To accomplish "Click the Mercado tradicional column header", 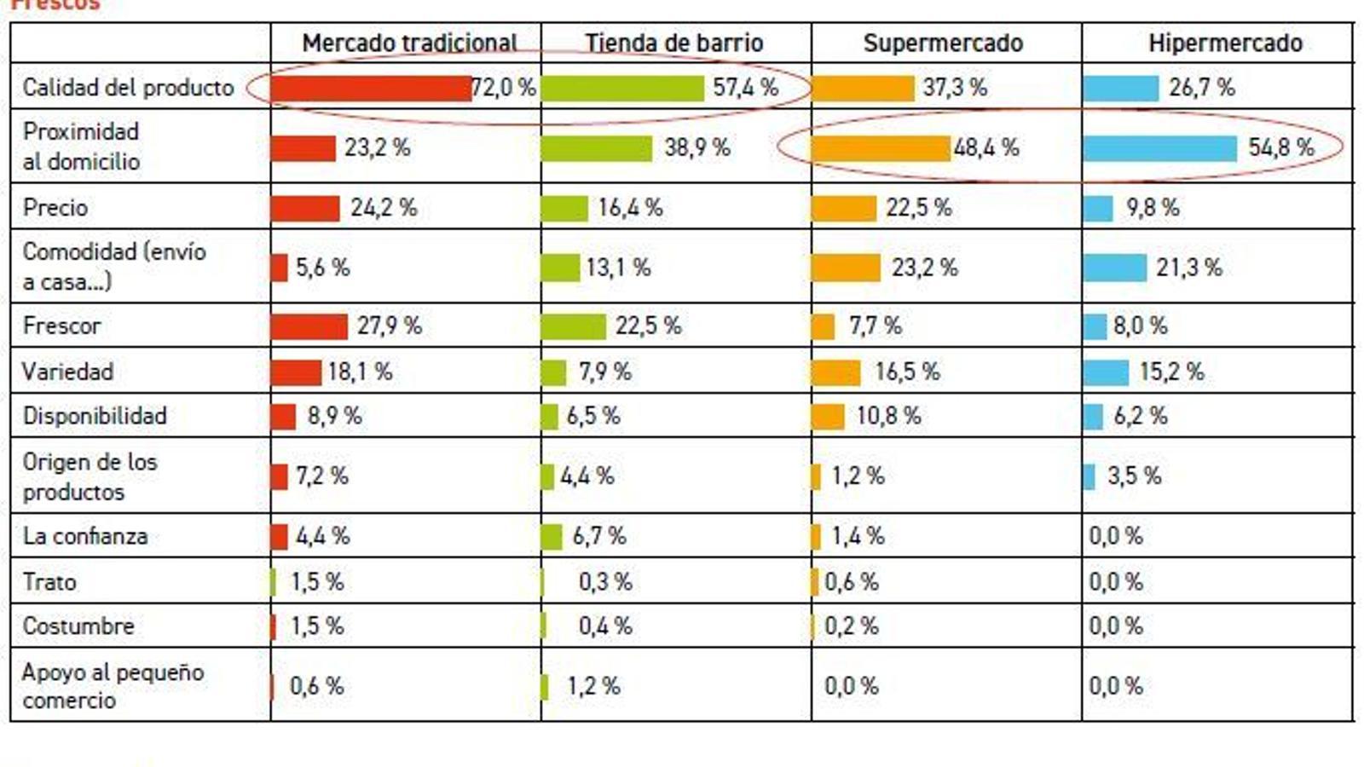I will click(x=409, y=43).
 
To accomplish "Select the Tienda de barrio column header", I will click(x=673, y=43).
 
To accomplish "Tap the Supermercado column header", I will click(x=943, y=43).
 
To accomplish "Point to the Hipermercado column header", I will click(x=1225, y=43).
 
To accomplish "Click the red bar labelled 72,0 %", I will click(x=371, y=88).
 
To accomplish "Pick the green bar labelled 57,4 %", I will click(x=622, y=88).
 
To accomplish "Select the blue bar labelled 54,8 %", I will click(x=1159, y=148).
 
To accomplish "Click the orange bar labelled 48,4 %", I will click(x=881, y=148).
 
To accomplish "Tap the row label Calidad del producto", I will click(x=128, y=87).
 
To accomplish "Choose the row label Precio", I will click(x=55, y=207).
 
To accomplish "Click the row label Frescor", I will click(x=61, y=326).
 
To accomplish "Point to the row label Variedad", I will click(x=67, y=372).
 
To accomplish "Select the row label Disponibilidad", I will click(x=95, y=416).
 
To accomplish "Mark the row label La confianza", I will click(x=85, y=536).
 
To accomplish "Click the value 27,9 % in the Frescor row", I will click(x=389, y=326).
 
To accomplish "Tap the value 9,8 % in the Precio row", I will click(x=1153, y=207).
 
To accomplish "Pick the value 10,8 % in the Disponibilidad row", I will click(x=888, y=416).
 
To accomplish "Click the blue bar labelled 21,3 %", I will click(x=1114, y=268).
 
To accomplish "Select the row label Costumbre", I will click(x=78, y=626).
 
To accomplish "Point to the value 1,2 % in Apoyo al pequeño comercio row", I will click(x=593, y=686).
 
